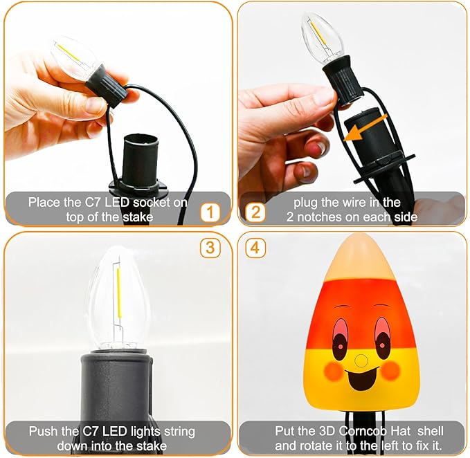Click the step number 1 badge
(x=210, y=212)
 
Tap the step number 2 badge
(x=256, y=212)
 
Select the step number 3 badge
(x=210, y=247)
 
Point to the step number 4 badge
(x=256, y=247)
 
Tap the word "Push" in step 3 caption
(x=41, y=431)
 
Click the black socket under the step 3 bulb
(x=118, y=384)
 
